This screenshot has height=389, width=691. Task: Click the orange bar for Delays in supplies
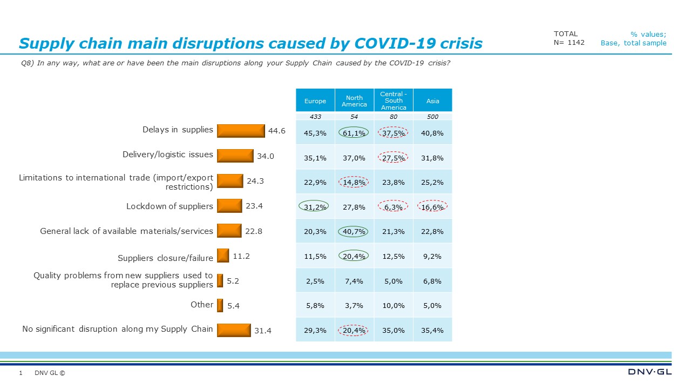241,131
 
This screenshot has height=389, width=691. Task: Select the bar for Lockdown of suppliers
229,206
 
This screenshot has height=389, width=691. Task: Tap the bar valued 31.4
234,330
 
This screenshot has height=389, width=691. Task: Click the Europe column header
315,101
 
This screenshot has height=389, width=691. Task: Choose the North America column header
354,101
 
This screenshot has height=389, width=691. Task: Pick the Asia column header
432,101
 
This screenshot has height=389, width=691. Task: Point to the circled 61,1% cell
354,133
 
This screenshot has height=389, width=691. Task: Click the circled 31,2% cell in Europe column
315,206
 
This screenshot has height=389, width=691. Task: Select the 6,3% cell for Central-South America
394,206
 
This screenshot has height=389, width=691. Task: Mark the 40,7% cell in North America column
354,231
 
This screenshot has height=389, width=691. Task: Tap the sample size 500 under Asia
432,117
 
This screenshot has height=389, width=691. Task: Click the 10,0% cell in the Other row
394,305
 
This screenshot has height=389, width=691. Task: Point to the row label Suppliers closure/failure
165,258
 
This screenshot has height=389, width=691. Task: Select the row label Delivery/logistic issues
167,155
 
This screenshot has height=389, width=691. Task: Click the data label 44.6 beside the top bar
276,131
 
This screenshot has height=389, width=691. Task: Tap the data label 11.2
241,256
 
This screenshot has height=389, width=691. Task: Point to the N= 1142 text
569,43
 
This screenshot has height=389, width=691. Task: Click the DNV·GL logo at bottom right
650,372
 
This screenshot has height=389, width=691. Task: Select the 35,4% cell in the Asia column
432,330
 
